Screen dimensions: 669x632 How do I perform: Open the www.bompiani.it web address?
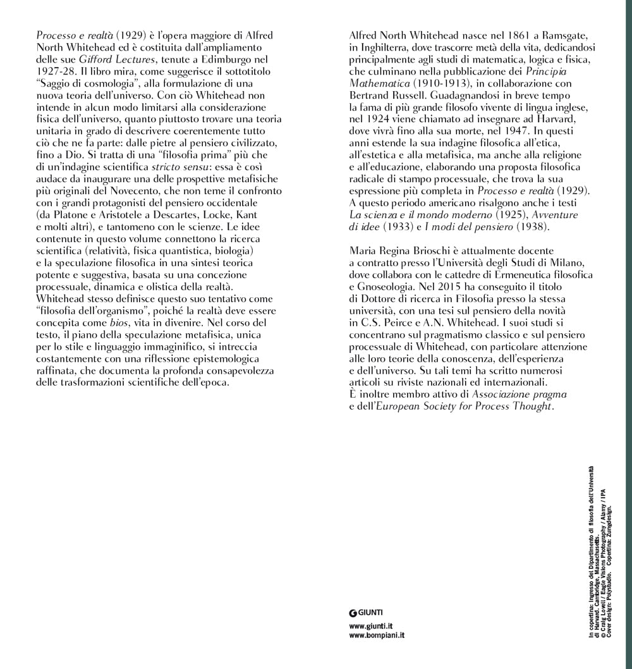click(x=377, y=634)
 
